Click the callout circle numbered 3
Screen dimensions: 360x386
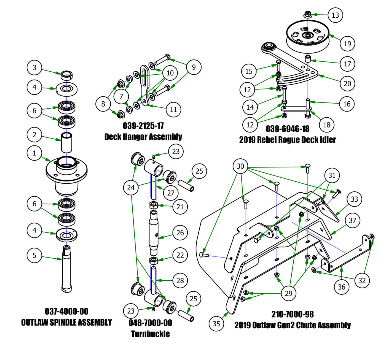(34, 67)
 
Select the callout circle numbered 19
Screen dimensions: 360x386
(347, 44)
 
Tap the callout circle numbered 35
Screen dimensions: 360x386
(216, 323)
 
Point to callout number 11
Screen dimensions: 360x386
(173, 110)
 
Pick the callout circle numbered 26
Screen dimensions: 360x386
(180, 233)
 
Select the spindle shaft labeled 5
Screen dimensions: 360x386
(66, 267)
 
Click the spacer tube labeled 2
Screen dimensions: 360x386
(66, 142)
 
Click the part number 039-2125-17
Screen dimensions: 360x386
(143, 126)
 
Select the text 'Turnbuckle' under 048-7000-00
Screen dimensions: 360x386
(150, 334)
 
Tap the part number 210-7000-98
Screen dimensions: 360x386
(292, 314)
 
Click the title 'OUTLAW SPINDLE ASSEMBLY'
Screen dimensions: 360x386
(66, 322)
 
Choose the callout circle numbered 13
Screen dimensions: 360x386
(335, 15)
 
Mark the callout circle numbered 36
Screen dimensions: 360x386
(342, 287)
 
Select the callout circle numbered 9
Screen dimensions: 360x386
(194, 67)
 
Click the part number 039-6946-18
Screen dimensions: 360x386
(288, 129)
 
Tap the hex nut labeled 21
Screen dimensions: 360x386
(153, 205)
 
